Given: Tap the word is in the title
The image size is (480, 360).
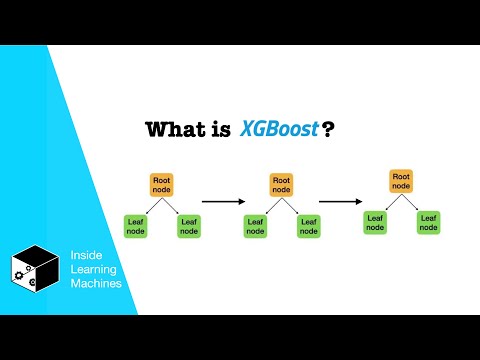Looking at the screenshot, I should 221,131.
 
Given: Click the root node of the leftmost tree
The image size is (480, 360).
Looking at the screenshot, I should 162,185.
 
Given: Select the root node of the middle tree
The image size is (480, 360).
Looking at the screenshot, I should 282,185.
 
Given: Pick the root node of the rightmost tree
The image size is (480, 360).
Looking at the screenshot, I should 401,181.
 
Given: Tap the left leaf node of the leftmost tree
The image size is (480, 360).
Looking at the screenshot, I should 135,226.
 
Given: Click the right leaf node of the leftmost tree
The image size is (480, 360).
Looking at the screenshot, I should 189,226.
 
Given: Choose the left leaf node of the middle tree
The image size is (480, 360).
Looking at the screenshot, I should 255,226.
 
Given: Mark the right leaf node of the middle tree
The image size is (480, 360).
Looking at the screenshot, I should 308,226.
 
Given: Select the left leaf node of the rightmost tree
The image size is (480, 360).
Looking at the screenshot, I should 375,222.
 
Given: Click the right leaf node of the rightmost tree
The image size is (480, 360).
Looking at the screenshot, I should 429,222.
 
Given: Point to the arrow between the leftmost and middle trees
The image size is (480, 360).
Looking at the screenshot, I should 223,201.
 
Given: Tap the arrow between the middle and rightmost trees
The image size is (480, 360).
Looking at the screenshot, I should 341,200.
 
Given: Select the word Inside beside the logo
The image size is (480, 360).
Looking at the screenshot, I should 87,256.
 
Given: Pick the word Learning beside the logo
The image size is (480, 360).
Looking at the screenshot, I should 94,270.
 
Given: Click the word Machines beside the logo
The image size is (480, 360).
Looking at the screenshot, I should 95,284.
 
